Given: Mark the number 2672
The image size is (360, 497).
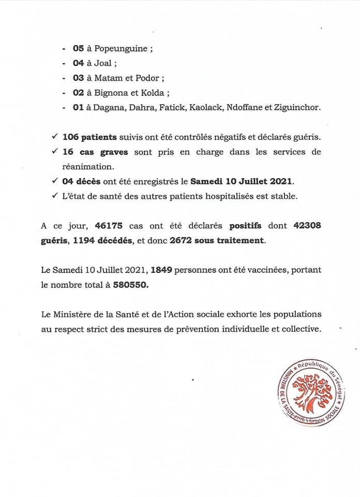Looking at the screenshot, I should click(189, 241).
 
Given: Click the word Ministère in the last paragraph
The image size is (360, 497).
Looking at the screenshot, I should click(71, 314).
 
